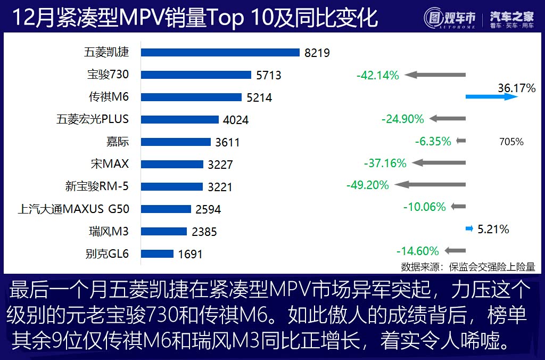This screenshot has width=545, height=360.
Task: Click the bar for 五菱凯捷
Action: [221, 52]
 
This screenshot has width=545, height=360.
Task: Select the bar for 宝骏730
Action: [196, 75]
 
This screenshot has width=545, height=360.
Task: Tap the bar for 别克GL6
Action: [158, 253]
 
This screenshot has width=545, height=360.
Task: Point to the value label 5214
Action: [259, 97]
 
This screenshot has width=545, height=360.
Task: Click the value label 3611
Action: [227, 142]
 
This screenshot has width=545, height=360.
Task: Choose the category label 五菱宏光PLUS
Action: [93, 119]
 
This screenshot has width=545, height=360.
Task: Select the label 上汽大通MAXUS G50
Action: [73, 209]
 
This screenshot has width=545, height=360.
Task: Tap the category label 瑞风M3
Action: [109, 231]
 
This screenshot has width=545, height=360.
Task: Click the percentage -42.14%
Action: [377, 76]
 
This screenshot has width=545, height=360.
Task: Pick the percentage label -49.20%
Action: [367, 185]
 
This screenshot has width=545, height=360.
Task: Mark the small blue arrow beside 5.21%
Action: [469, 229]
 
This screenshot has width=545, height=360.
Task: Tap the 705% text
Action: [511, 142]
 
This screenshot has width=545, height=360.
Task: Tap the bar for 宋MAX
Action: [172, 164]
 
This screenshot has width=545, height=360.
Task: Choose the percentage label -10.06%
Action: [424, 207]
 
